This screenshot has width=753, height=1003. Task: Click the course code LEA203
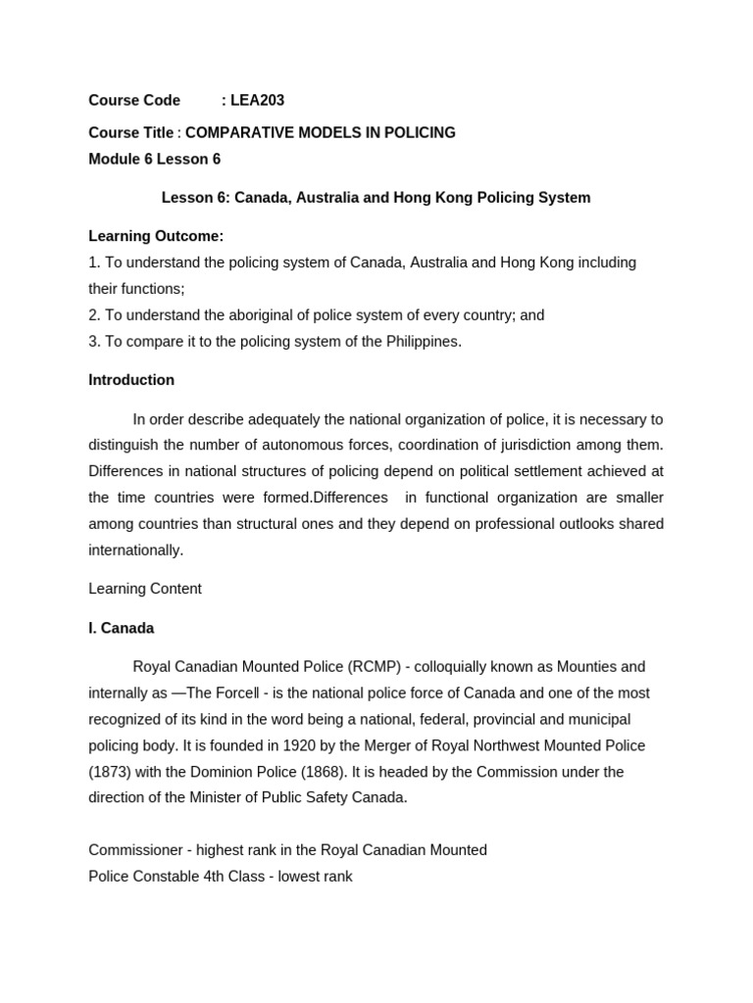pos(257,100)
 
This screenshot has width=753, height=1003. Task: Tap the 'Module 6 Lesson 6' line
pos(155,159)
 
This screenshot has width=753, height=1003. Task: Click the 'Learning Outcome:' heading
pos(156,236)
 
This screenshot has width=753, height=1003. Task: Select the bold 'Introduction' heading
pos(131,380)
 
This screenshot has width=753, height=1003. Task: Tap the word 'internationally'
pos(135,550)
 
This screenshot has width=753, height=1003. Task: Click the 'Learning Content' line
pos(145,589)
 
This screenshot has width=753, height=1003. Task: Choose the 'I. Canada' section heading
pos(122,628)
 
